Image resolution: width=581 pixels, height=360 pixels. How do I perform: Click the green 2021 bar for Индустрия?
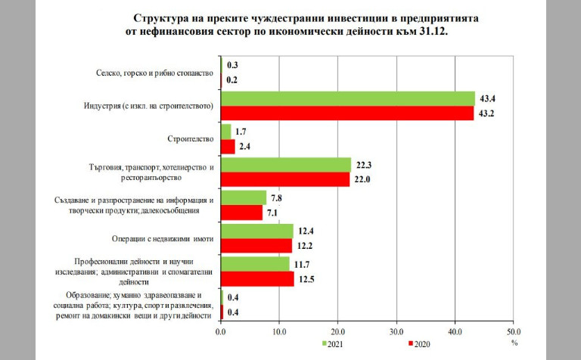(x=347, y=99)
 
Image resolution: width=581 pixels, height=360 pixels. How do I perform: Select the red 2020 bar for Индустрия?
(x=346, y=113)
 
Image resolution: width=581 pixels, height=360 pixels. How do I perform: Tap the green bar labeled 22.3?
(x=285, y=165)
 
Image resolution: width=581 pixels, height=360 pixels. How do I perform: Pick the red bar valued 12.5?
(x=256, y=279)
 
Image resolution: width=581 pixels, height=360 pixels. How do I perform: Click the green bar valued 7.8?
(x=243, y=198)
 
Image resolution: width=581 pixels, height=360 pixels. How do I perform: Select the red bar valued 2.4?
(x=227, y=147)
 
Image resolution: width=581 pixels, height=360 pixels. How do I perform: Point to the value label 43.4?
(x=488, y=97)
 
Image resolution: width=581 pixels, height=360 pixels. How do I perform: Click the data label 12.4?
(x=306, y=229)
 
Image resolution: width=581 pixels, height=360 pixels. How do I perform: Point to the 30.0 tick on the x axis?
(x=396, y=331)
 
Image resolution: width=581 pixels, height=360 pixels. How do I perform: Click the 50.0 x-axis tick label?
(x=514, y=331)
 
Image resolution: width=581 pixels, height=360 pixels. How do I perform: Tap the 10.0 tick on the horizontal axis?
(x=279, y=331)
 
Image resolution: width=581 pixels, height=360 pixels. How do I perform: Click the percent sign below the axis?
(x=514, y=342)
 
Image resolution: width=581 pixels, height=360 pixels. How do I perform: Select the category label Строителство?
(x=189, y=138)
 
